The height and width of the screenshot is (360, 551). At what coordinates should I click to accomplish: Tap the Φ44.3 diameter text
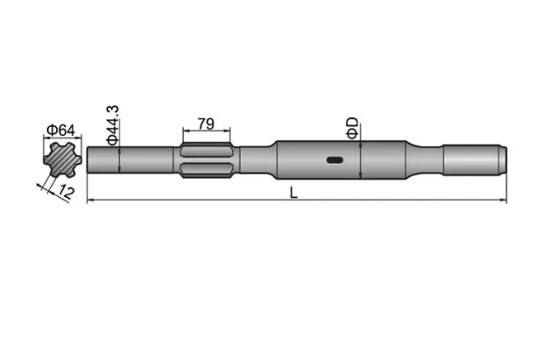click(x=112, y=124)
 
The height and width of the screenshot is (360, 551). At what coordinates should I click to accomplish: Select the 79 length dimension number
click(x=206, y=125)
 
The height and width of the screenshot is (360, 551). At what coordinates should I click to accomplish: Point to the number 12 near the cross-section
click(x=65, y=190)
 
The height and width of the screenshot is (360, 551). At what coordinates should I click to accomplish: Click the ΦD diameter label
click(x=351, y=125)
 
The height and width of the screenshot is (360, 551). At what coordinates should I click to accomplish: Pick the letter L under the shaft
click(x=294, y=194)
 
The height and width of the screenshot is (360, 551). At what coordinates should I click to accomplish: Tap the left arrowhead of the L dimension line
click(x=92, y=201)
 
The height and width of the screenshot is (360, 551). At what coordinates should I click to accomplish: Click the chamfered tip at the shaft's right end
click(x=503, y=159)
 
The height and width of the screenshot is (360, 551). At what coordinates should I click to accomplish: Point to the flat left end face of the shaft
click(x=89, y=159)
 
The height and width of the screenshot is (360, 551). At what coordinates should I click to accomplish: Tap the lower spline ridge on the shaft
click(x=206, y=170)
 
